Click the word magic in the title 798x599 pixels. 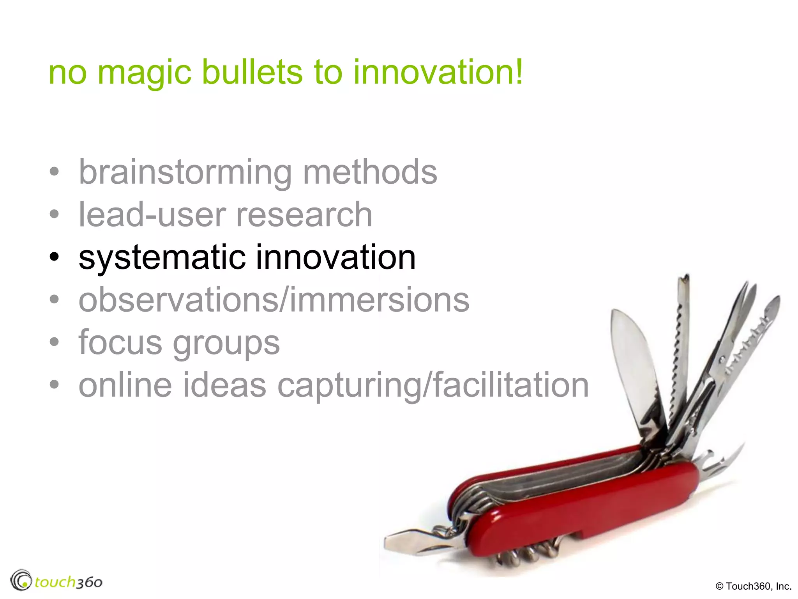point(144,73)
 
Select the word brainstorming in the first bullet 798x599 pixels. point(185,172)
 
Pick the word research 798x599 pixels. point(304,215)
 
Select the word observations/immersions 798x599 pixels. point(274,300)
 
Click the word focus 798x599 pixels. point(120,342)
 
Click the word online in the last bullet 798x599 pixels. point(125,385)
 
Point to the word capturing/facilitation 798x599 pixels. point(433,386)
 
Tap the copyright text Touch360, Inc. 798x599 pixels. point(754,586)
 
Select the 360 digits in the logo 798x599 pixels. point(88,583)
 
